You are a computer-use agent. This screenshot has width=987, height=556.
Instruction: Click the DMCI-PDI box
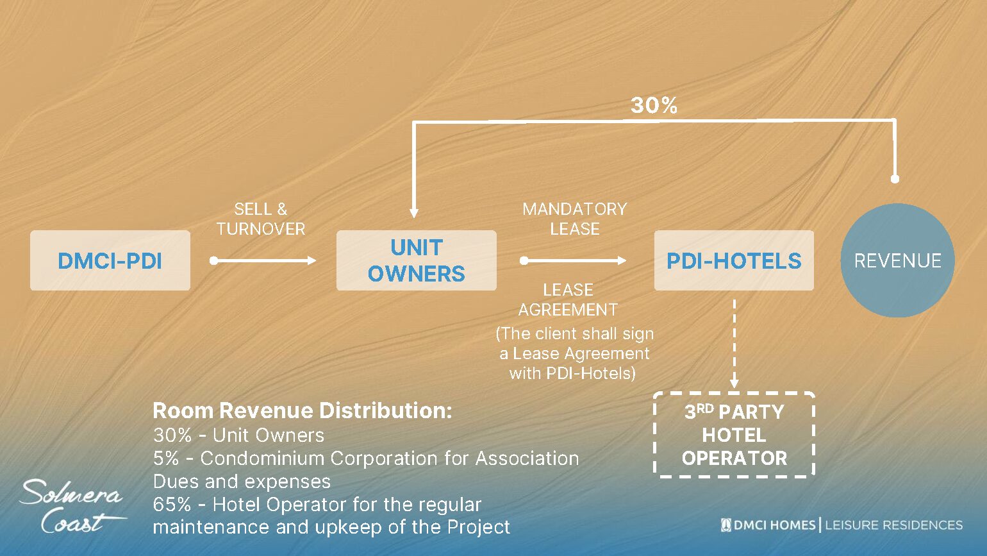point(110,260)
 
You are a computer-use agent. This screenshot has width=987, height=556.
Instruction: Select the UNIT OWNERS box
point(417,260)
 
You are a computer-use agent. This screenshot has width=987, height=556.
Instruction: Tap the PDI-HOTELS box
point(734,260)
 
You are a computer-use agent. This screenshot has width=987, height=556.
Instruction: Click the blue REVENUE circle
point(897,260)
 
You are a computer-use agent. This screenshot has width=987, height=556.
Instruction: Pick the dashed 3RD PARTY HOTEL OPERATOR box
point(734,435)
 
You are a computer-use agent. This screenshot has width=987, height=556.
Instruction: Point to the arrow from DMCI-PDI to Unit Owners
point(263,260)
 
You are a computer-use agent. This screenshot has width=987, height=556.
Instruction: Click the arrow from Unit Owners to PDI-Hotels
point(573,260)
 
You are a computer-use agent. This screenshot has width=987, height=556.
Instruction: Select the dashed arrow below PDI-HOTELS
point(734,344)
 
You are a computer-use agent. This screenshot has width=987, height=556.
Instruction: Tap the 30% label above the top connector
point(654,105)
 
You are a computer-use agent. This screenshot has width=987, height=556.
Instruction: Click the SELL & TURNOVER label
point(260,219)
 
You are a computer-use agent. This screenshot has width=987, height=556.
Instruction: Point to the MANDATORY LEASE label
point(574,219)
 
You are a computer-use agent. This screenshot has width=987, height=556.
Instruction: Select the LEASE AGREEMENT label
point(568,300)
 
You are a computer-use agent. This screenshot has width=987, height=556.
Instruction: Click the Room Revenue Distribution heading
point(303,410)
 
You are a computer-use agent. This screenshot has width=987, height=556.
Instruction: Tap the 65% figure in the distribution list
point(172,505)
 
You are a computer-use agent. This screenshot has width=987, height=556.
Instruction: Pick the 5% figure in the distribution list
point(165,459)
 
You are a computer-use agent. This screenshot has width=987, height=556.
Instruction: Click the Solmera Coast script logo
point(72,506)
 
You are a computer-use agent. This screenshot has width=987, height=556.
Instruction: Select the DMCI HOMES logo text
point(768,525)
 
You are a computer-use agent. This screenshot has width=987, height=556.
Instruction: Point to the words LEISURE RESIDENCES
point(893,525)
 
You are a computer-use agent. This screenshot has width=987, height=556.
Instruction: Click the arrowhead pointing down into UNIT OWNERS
point(414,213)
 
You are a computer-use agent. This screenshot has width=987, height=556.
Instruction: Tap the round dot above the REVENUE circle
point(895,178)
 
